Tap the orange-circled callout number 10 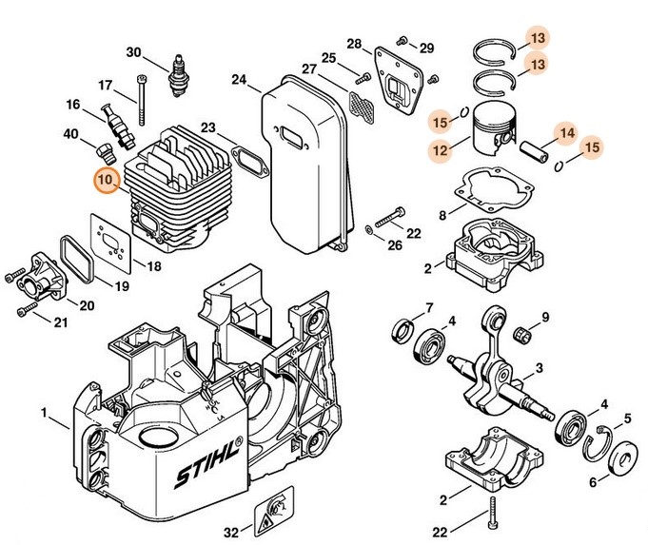pos(105,178)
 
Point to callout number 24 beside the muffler pos(238,79)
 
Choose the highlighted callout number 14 pos(566,133)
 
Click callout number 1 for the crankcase pos(44,413)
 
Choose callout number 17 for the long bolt pos(105,84)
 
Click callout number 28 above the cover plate pos(354,44)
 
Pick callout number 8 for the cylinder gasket pos(443,216)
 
